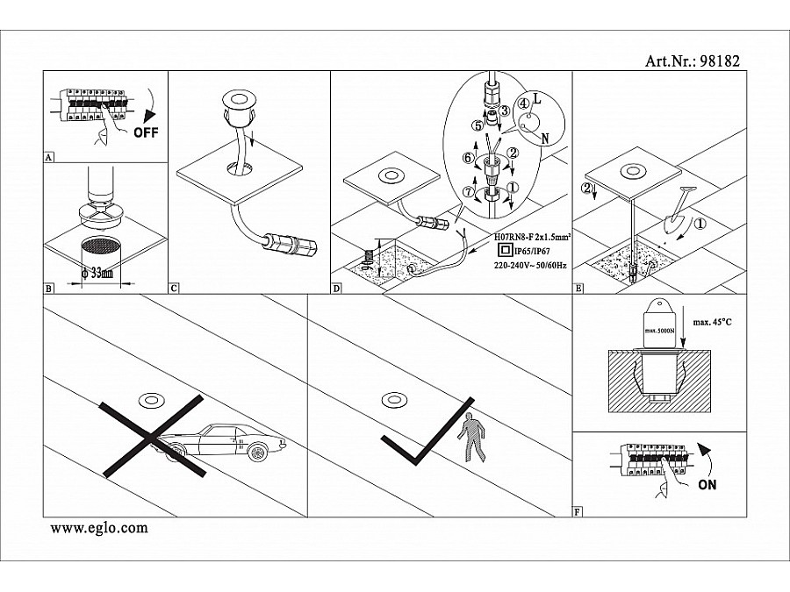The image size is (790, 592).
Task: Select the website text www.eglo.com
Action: pyautogui.click(x=99, y=528)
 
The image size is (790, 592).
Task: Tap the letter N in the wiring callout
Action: pyautogui.click(x=547, y=139)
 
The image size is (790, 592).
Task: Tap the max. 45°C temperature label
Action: pyautogui.click(x=712, y=323)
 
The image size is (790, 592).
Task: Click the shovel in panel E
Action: pyautogui.click(x=679, y=207)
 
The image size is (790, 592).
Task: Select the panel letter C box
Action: pyautogui.click(x=173, y=287)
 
